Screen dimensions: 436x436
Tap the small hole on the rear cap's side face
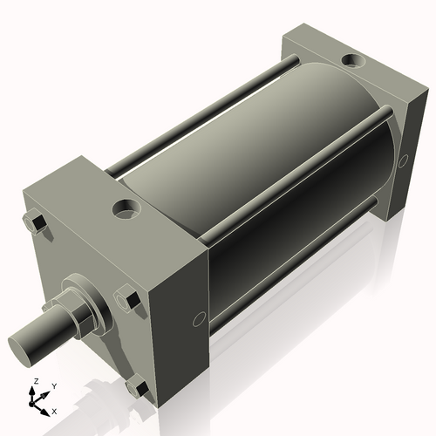click(x=402, y=162)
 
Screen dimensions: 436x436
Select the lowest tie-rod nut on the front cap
click(x=135, y=383)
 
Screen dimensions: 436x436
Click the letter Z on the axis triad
click(x=34, y=382)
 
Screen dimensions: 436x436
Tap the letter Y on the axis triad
click(x=54, y=385)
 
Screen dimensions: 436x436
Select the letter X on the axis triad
click(x=55, y=410)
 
